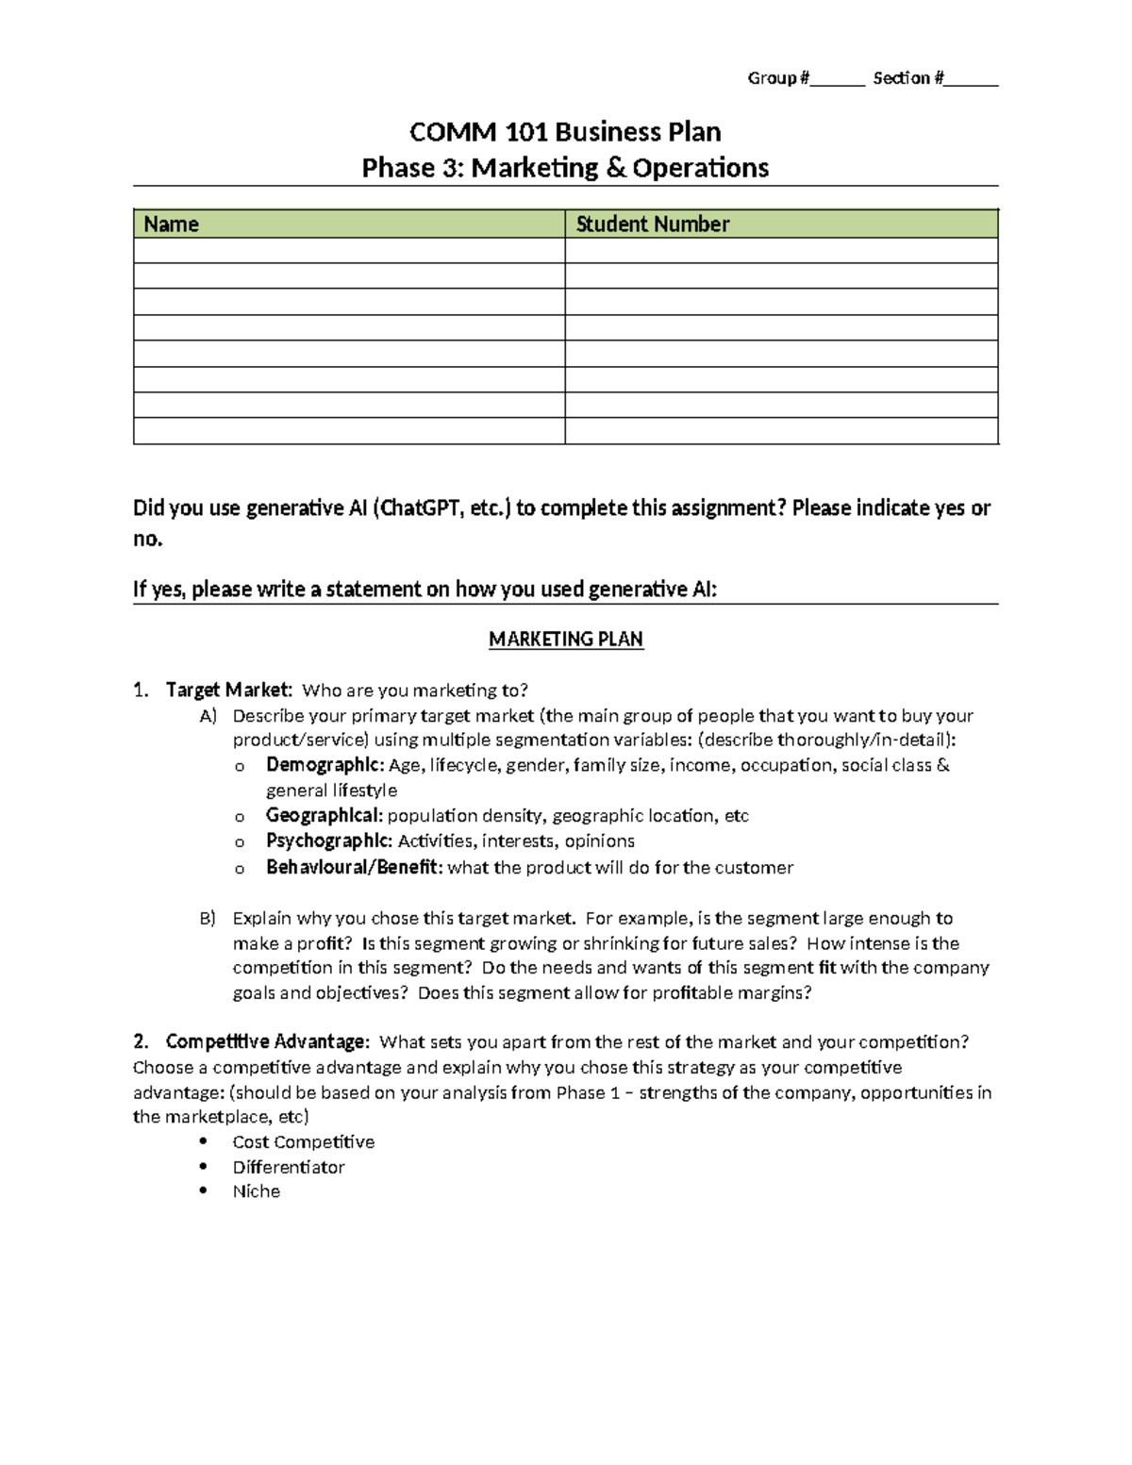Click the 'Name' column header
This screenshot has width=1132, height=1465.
[171, 225]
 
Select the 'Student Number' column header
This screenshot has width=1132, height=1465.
[652, 225]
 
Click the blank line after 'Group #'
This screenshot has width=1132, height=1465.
[838, 79]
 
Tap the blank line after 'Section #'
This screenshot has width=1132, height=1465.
[971, 79]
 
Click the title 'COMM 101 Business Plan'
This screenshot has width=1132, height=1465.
[565, 131]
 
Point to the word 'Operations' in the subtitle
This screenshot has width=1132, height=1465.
[700, 168]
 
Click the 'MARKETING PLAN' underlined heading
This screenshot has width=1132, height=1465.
[565, 640]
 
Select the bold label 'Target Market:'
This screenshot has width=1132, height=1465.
[228, 691]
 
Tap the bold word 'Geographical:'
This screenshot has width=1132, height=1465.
[325, 816]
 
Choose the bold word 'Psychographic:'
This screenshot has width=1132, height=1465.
[328, 841]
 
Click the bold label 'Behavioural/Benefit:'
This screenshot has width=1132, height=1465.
[354, 868]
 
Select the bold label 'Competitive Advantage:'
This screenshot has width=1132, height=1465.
[267, 1042]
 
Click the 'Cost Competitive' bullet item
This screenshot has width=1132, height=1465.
[303, 1142]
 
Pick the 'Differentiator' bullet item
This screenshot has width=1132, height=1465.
[289, 1168]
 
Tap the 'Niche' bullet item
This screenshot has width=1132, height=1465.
[257, 1192]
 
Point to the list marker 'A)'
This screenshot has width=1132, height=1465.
[208, 716]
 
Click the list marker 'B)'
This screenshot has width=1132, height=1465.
[208, 919]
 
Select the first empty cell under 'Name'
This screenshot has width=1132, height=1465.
[349, 251]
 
